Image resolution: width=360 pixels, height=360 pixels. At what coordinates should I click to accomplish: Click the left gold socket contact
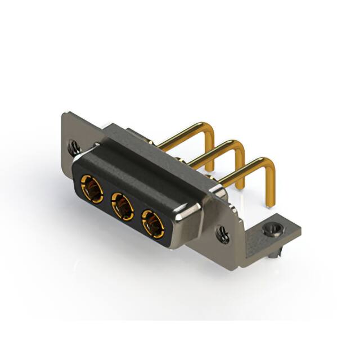coord(91,187)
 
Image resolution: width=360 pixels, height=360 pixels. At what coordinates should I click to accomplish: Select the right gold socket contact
coord(152,223)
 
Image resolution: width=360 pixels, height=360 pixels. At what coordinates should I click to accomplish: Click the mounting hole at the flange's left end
coord(73,147)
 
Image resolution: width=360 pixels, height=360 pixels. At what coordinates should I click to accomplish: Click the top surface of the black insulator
coord(141,169)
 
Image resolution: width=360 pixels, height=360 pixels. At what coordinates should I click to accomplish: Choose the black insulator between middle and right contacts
coord(137,213)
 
